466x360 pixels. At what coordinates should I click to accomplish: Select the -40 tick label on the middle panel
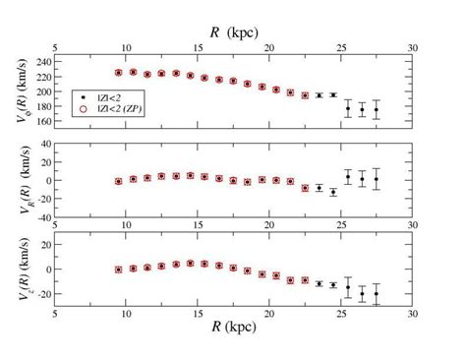point(40,218)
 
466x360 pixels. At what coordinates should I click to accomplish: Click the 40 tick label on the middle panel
point(43,144)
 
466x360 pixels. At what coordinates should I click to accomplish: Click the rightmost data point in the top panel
point(377,109)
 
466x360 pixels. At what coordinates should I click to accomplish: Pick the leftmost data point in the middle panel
point(118,181)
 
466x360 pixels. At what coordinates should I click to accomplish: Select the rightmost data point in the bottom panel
point(377,293)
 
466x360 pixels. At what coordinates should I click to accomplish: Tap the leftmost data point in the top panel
point(118,72)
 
